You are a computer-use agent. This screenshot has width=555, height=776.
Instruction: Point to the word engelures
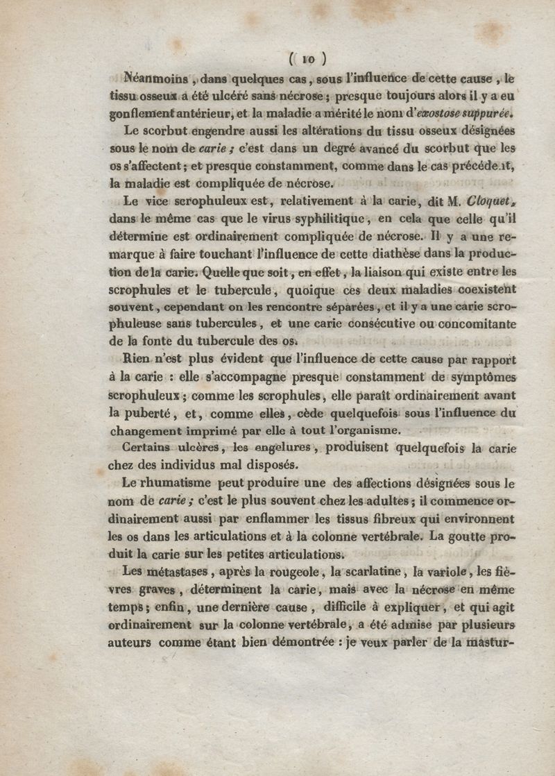276,448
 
